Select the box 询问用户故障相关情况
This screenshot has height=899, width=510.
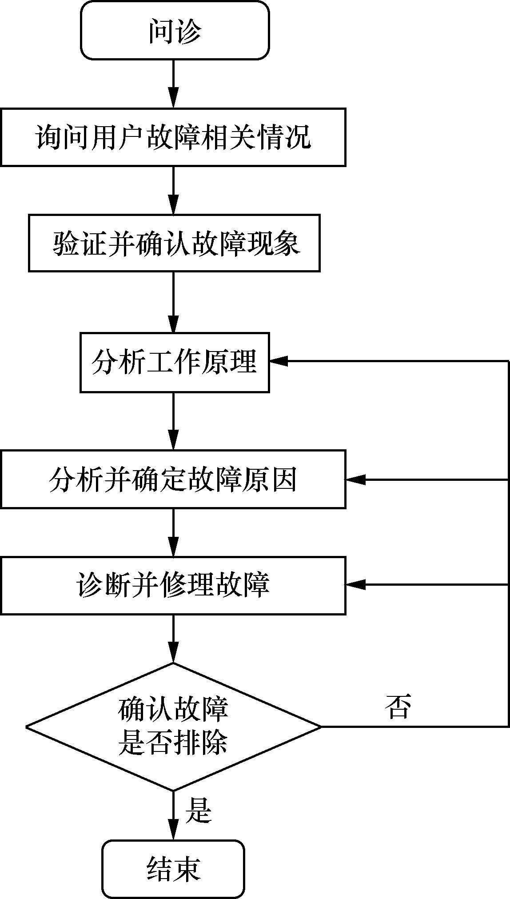pos(173,137)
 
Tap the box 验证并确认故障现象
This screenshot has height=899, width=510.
pos(174,243)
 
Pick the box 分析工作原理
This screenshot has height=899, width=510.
pos(175,362)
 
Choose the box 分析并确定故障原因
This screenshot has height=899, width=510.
pos(173,479)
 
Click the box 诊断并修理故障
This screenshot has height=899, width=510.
pos(173,585)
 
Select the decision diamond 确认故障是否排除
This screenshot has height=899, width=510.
pos(173,727)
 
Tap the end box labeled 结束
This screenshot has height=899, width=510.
pos(173,869)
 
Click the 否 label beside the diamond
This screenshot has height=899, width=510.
pos(398,707)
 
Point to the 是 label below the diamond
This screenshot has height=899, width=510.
pos(198,810)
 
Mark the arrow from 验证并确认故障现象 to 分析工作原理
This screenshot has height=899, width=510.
pos(173,302)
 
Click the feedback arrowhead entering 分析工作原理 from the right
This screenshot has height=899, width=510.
pos(279,361)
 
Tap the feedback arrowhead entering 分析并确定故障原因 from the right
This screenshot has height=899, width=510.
pos(355,479)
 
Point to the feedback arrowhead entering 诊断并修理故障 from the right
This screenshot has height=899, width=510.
pos(355,585)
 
